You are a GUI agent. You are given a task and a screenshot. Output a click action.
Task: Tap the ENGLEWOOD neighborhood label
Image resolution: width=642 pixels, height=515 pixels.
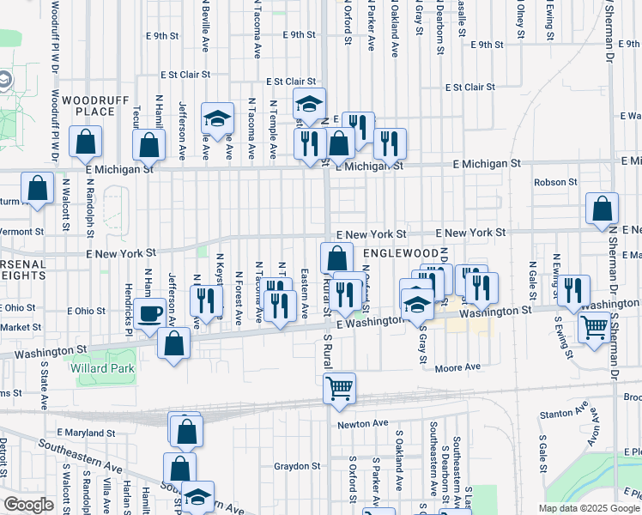pyautogui.click(x=401, y=254)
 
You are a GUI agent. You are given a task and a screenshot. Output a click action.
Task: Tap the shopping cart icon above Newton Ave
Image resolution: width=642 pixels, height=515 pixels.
pyautogui.click(x=339, y=388)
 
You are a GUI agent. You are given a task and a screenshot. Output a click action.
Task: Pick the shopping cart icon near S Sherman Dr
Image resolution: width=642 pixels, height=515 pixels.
pyautogui.click(x=594, y=327)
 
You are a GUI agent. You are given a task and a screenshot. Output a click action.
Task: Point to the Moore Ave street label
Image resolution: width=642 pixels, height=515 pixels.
pyautogui.click(x=456, y=367)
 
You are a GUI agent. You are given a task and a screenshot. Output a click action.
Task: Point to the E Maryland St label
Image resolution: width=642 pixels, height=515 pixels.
pyautogui.click(x=85, y=432)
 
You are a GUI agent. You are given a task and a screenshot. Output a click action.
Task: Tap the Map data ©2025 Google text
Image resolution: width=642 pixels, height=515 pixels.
pyautogui.click(x=589, y=508)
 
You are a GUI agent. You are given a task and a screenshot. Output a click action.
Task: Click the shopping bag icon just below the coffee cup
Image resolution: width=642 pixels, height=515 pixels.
pyautogui.click(x=174, y=343)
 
